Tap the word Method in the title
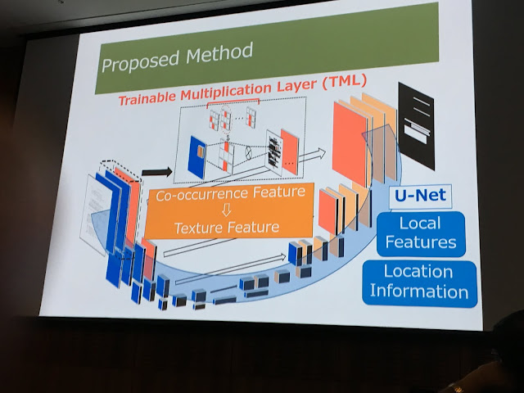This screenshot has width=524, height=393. tap(209, 56)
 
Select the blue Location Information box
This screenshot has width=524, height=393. tap(419, 281)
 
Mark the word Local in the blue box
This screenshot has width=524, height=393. tap(419, 224)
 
